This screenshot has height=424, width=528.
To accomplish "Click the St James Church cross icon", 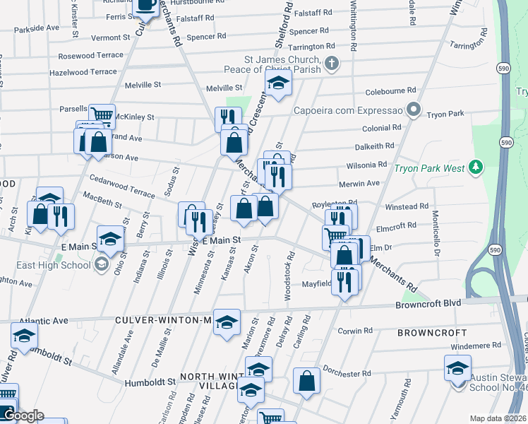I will [332, 65].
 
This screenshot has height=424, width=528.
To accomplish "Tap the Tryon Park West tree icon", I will [477, 167].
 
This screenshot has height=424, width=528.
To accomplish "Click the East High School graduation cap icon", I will [102, 264].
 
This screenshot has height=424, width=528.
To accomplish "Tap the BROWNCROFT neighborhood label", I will [432, 332].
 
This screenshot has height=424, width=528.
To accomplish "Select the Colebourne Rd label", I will [390, 91].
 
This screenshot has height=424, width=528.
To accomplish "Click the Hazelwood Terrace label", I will [83, 72].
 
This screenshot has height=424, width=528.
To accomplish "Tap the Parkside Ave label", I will [36, 28].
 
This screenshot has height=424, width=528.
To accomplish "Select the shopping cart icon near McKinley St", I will [102, 114].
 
